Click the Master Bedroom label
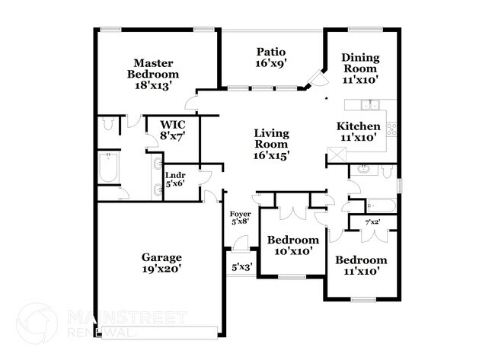point(156,75)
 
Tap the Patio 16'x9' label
point(270,58)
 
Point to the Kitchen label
point(359,132)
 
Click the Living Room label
point(271,144)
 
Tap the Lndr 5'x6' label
point(175,179)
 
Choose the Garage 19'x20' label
point(161,263)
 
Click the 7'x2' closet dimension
point(373,222)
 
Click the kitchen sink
point(371,105)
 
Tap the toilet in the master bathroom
point(107,123)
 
